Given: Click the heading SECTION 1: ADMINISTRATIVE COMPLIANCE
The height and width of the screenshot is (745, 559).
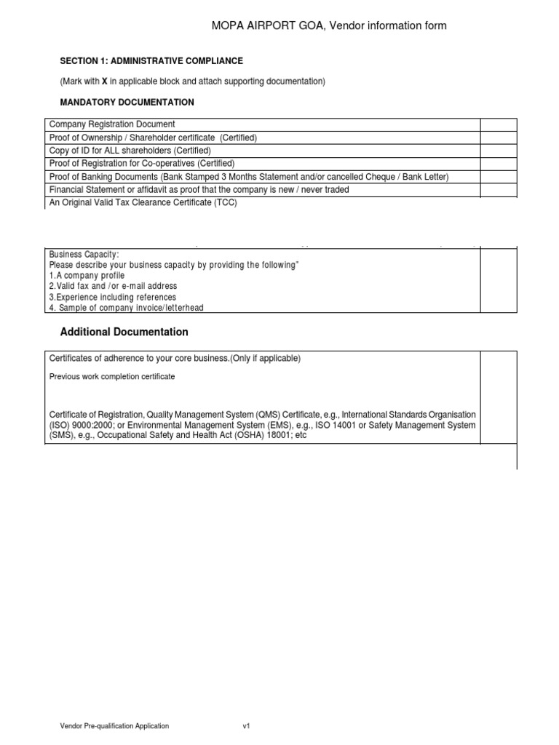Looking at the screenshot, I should point(151,61).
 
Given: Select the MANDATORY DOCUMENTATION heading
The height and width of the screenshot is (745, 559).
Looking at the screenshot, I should point(127,102).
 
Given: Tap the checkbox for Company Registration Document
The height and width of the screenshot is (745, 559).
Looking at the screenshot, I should point(498,124).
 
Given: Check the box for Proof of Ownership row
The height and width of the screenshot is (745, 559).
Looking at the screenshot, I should point(498,138).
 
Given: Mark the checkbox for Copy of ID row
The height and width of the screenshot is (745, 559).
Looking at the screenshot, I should point(498,151).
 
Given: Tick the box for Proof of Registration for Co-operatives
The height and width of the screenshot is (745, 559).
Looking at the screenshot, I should point(498,164).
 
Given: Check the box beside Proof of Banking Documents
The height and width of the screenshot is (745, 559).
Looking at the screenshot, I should point(498,177).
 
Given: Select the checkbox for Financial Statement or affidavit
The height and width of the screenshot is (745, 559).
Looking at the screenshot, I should point(498,190).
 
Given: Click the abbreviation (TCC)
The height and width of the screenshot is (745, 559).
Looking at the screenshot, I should point(223,203).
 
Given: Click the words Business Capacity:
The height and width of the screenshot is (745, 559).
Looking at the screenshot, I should point(83,255).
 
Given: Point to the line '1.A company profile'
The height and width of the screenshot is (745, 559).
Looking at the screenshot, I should point(87,276).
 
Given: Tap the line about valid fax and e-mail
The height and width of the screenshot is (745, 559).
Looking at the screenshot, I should point(113,287).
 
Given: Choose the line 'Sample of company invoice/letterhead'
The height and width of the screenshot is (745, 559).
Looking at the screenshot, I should point(129,308).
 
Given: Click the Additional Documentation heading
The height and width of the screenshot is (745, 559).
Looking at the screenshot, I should point(124,332).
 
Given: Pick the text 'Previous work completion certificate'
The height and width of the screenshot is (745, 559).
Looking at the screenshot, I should point(111,377).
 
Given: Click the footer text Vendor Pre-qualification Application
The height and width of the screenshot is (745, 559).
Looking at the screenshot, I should point(114,726).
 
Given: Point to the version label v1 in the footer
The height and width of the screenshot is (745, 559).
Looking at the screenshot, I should point(246,726).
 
